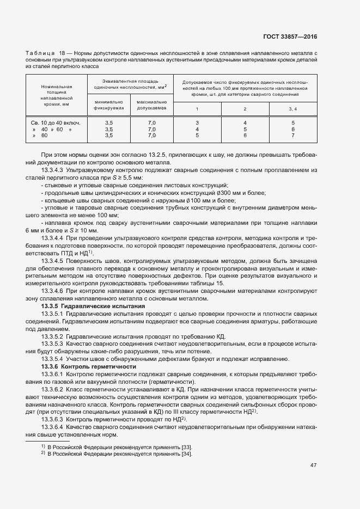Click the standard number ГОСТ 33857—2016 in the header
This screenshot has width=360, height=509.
pos(290,36)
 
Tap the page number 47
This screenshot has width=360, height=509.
pos(313,465)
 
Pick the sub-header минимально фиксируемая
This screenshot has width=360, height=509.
pos(109,105)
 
